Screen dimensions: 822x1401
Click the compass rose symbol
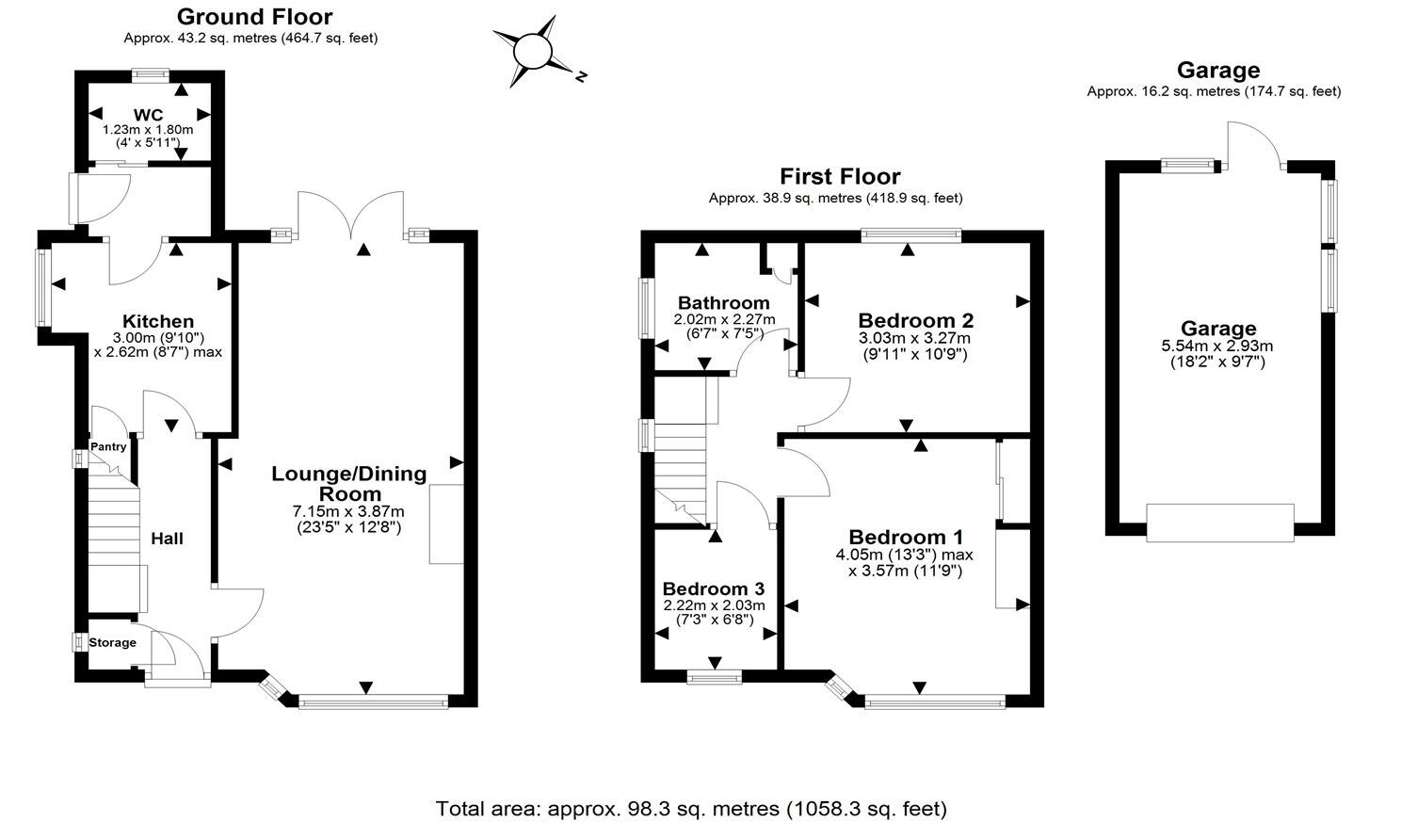(x=532, y=51)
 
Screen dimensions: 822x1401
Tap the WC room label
(x=148, y=116)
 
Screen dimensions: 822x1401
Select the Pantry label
(x=108, y=447)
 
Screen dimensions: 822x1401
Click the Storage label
(x=112, y=643)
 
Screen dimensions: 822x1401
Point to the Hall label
(x=167, y=539)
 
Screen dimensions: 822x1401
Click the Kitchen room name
(x=158, y=322)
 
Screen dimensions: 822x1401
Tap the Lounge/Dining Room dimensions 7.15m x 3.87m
(x=348, y=511)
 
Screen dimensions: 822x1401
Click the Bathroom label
(x=723, y=303)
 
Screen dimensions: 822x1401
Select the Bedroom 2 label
(x=915, y=320)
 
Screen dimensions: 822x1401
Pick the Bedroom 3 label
(x=713, y=589)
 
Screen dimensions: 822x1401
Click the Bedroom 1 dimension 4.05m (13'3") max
(x=904, y=555)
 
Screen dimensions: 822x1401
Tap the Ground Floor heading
(x=254, y=16)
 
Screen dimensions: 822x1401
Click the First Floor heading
(x=839, y=176)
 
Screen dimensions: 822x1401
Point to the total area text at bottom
(x=691, y=808)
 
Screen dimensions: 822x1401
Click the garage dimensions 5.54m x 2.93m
(x=1217, y=347)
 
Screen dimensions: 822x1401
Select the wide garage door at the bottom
(x=1219, y=523)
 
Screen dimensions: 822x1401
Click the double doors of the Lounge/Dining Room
(x=350, y=215)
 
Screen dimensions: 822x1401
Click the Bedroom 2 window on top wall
(x=910, y=235)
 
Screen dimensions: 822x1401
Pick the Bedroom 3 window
(x=713, y=675)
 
